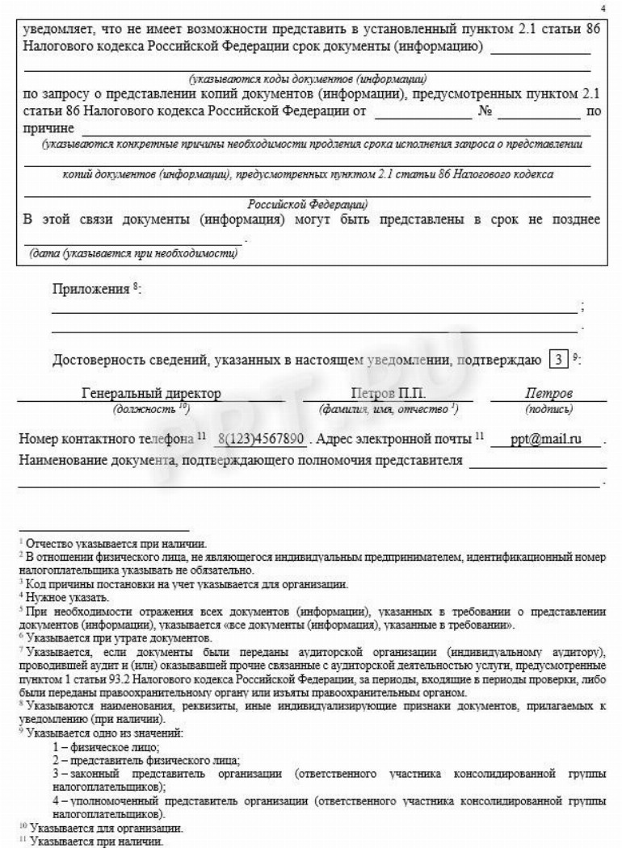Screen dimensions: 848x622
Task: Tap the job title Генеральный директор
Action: pos(151,394)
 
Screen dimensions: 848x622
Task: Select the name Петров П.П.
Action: pos(389,394)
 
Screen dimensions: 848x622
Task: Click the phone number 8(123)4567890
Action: pos(261,440)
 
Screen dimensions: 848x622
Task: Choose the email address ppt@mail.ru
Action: pos(544,440)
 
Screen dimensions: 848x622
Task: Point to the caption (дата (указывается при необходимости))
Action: pos(133,254)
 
